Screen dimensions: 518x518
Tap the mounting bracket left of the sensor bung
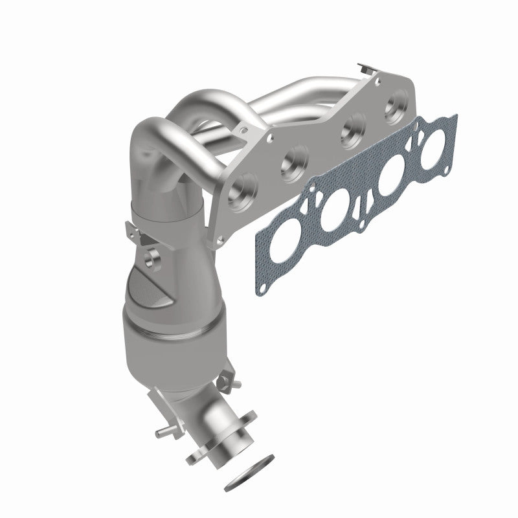[x=133, y=232]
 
